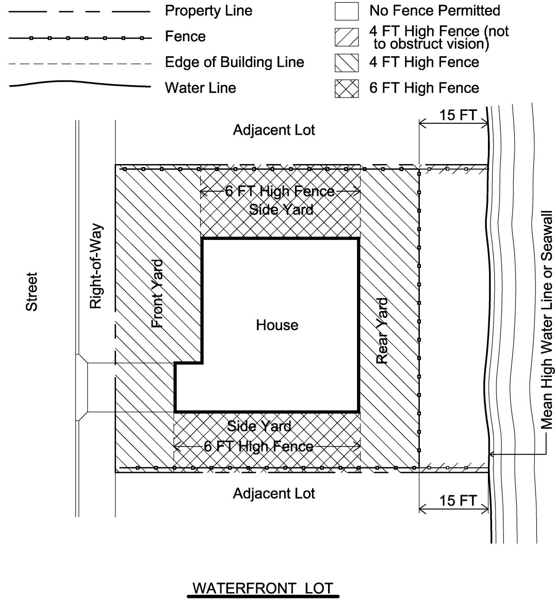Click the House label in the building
[277, 325]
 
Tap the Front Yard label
[157, 294]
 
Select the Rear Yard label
[382, 331]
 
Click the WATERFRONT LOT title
[263, 589]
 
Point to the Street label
[31, 291]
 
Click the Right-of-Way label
[96, 266]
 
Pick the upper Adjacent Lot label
[274, 130]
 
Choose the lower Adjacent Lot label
[274, 494]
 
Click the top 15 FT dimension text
[458, 115]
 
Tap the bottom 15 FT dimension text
[458, 500]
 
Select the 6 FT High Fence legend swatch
[347, 88]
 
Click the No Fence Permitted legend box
[347, 11]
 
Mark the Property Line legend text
[209, 11]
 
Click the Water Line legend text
[200, 88]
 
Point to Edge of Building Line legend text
[235, 62]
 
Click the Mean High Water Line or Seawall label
[547, 320]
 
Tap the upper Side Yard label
[282, 209]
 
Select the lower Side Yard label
[259, 426]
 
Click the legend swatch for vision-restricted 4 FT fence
[347, 37]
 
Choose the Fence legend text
[185, 37]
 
